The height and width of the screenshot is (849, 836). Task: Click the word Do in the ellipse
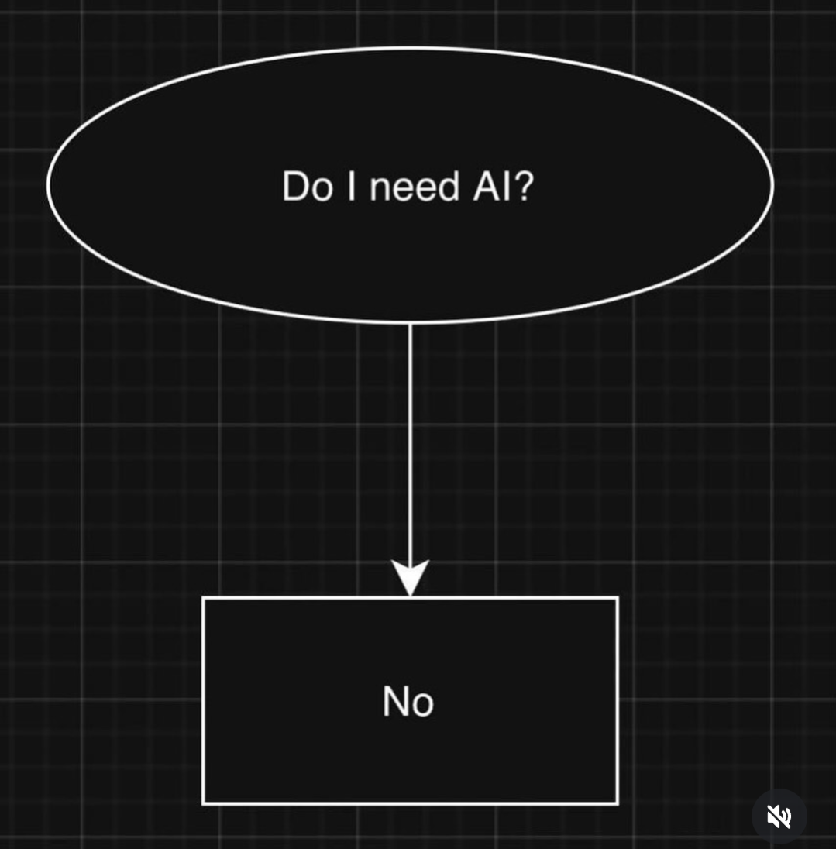coord(307,187)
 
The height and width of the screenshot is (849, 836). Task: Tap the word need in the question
coord(415,187)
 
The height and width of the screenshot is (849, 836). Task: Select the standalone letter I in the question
coord(352,187)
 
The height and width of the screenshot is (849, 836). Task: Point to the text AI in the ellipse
coord(490,187)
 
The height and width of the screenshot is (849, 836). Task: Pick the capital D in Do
coord(294,187)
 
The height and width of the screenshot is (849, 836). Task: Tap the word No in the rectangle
coord(408,702)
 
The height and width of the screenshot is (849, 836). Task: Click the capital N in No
coord(396,701)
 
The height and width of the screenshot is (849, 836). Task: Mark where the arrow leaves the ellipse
coord(410,322)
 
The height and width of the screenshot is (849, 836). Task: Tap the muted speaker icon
coord(779,816)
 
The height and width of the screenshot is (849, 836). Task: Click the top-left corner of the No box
coord(204,598)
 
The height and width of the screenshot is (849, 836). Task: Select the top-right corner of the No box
coord(617,598)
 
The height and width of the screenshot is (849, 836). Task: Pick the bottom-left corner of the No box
coord(204,803)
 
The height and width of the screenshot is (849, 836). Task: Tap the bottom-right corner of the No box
coord(617,803)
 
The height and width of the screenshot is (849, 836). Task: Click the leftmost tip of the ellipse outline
coord(48,184)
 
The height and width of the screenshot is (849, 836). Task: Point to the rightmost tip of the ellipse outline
coord(772,184)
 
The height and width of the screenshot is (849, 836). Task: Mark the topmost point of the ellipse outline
coord(411,48)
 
